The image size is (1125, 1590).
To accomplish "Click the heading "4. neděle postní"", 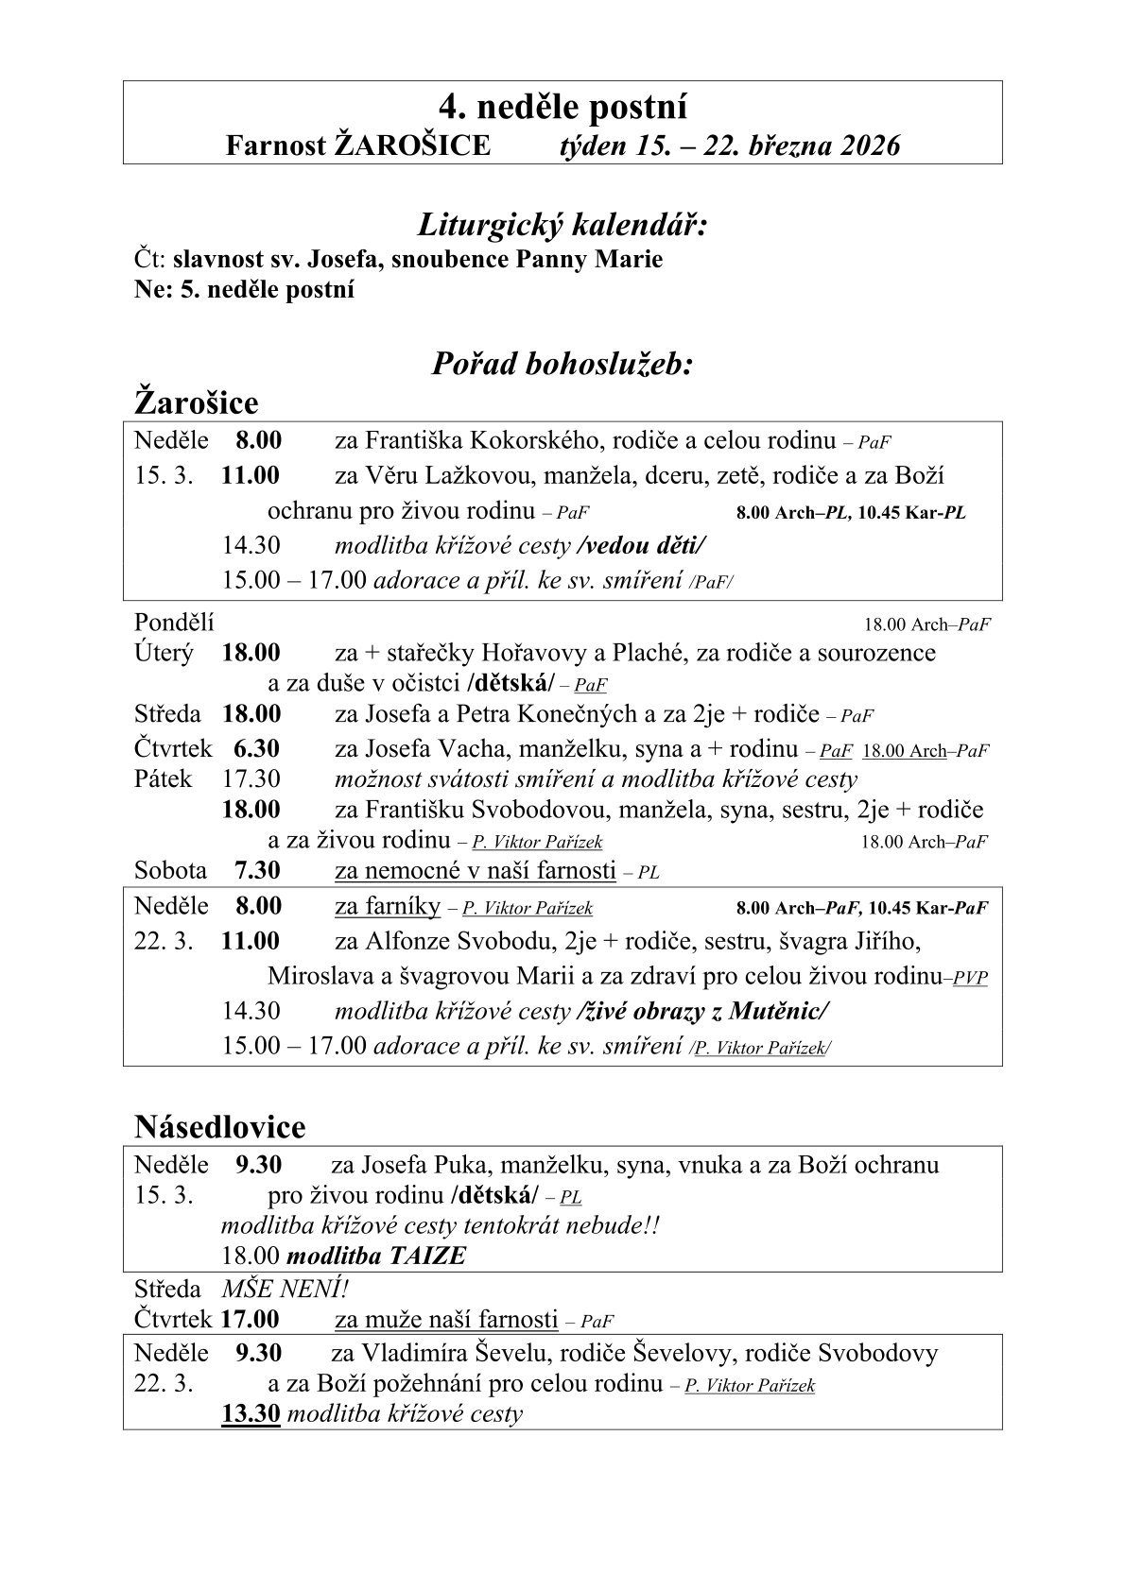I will (x=562, y=106).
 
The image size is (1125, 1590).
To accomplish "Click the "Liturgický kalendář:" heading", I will (x=562, y=226).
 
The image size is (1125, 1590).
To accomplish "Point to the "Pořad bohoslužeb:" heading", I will (x=562, y=364).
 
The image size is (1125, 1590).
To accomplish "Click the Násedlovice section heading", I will (x=220, y=1126).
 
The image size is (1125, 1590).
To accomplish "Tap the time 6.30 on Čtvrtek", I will (x=256, y=749).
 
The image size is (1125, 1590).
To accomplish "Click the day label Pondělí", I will (x=175, y=623).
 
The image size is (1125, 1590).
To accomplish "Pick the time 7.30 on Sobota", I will (x=257, y=870).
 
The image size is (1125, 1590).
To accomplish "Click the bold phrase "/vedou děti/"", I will (x=641, y=546).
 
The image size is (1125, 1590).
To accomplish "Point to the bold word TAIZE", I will (x=426, y=1257).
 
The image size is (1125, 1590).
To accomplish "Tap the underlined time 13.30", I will (x=251, y=1414).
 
